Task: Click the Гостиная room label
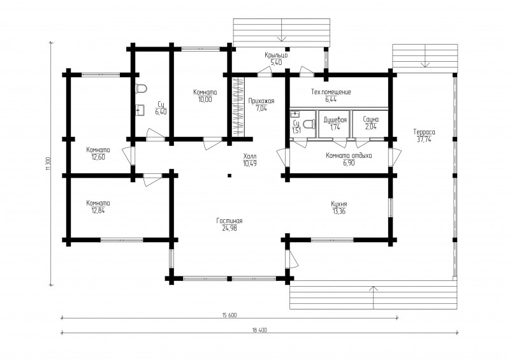click(229, 221)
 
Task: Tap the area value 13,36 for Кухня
click(339, 212)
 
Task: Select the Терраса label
click(424, 132)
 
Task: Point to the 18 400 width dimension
click(259, 330)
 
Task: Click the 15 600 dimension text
click(229, 315)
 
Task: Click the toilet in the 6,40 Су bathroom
click(142, 89)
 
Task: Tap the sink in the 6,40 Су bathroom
click(140, 110)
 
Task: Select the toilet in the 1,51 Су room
click(309, 124)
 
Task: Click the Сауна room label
click(371, 119)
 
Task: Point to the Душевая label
click(335, 120)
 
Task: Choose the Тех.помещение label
click(331, 92)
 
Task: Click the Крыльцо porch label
click(276, 55)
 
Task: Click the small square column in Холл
click(229, 176)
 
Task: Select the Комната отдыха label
click(349, 155)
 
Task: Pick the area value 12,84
click(98, 210)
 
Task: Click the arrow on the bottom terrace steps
click(374, 298)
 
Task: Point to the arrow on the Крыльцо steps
click(282, 30)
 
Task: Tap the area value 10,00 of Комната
click(205, 99)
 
